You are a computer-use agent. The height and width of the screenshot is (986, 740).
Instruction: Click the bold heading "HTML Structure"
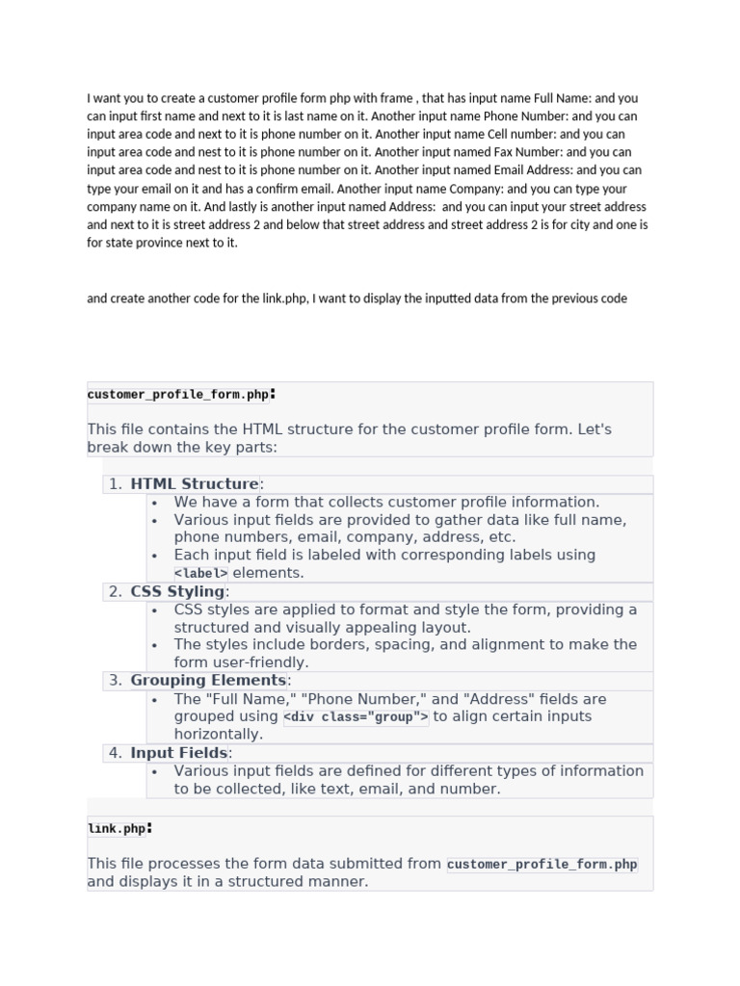click(x=195, y=484)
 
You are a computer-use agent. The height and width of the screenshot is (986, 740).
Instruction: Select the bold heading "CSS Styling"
click(x=177, y=591)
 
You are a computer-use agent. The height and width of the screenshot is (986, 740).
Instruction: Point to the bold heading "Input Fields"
click(x=179, y=753)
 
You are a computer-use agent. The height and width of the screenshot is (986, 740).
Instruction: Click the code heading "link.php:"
click(x=119, y=828)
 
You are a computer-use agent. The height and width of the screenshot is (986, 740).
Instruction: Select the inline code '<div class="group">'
click(x=356, y=717)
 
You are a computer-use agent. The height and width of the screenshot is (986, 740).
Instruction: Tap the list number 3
click(x=116, y=681)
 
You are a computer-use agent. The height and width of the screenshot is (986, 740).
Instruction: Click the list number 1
click(x=116, y=484)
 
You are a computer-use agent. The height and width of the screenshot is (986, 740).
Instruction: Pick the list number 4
click(x=116, y=753)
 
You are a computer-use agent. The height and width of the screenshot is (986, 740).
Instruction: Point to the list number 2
click(x=116, y=591)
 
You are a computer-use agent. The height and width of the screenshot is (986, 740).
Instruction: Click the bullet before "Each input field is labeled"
click(x=155, y=556)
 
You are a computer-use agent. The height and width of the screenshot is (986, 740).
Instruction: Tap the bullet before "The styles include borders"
click(x=155, y=645)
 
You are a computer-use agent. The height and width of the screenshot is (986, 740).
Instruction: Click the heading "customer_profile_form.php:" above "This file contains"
click(x=181, y=394)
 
